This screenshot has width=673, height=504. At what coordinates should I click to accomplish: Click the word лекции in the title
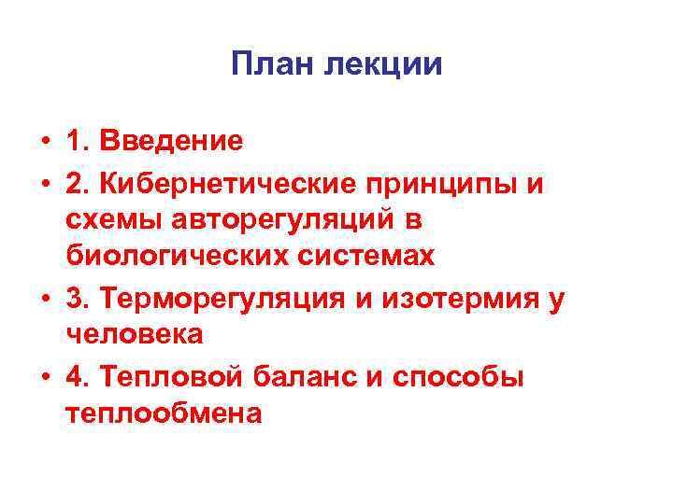point(383,64)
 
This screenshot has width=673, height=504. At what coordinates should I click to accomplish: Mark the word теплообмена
point(164,413)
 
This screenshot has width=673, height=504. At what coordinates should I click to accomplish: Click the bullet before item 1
point(44,143)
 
